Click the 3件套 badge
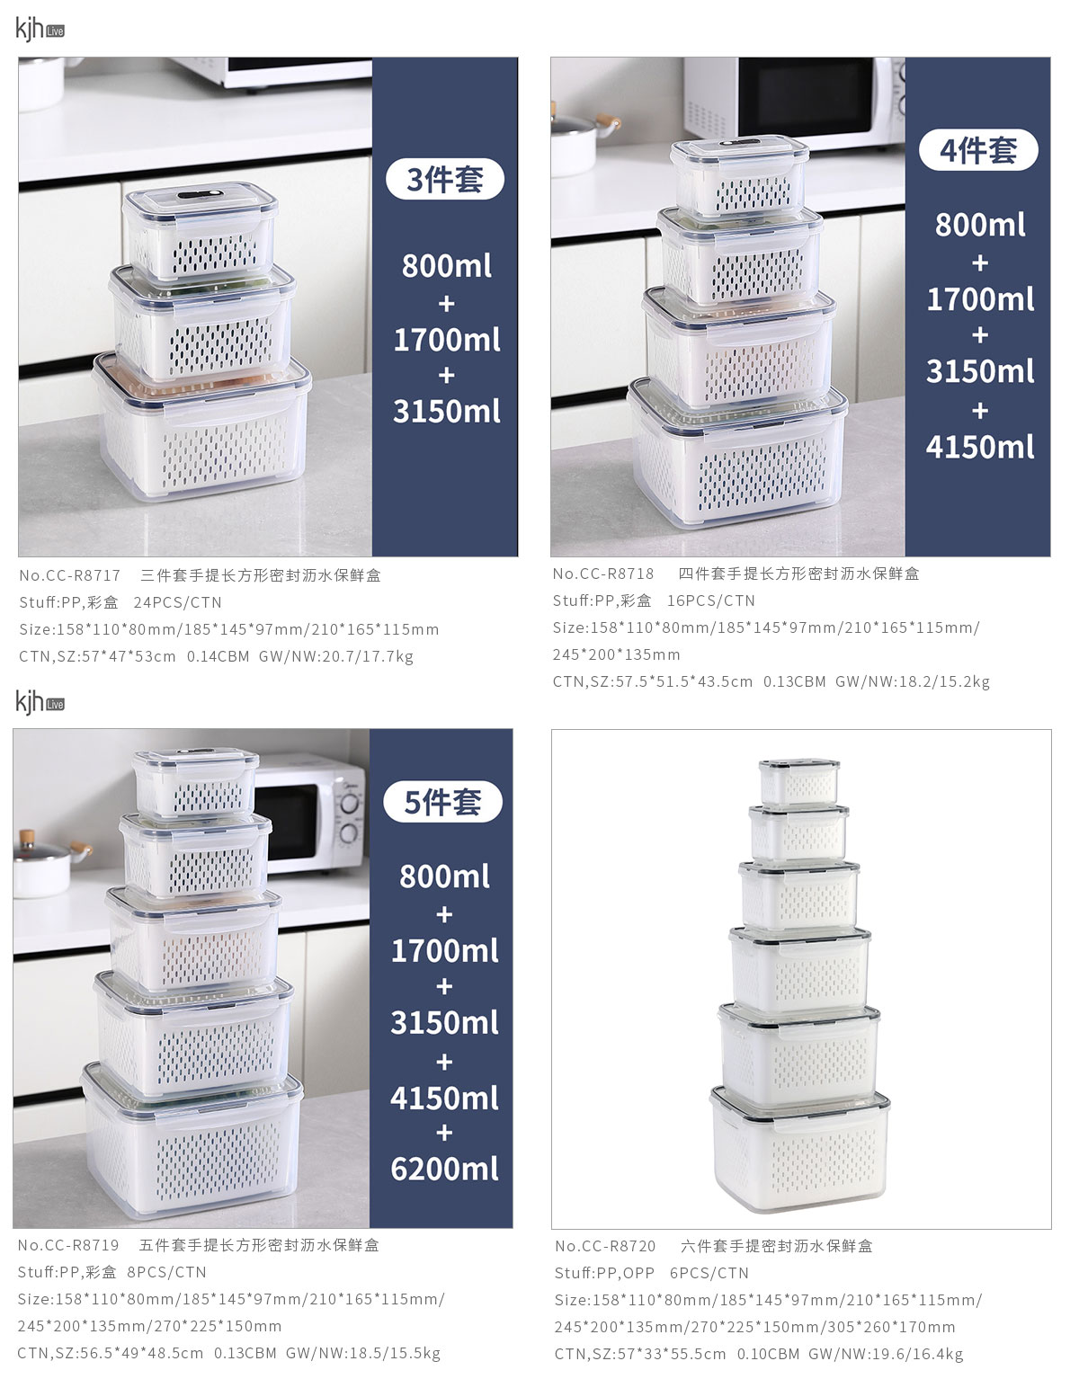(445, 179)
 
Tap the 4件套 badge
(978, 150)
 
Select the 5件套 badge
(442, 802)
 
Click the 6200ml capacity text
(444, 1169)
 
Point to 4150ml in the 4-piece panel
(980, 447)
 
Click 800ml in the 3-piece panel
(447, 265)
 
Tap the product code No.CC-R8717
(70, 575)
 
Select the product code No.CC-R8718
(603, 574)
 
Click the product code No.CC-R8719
(68, 1245)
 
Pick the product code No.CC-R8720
(605, 1246)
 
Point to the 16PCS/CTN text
(711, 601)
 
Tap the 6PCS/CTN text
(709, 1273)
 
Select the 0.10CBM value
(768, 1354)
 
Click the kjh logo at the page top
(40, 29)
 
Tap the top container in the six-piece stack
(799, 782)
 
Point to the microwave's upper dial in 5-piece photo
(350, 804)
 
